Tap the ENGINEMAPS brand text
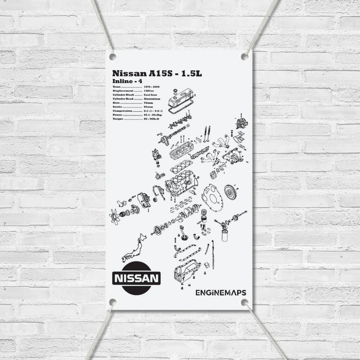pyautogui.click(x=221, y=292)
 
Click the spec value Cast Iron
pyautogui.click(x=150, y=95)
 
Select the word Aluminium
pyautogui.click(x=152, y=99)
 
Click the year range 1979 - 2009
pyautogui.click(x=152, y=87)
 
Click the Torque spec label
pyautogui.click(x=118, y=119)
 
